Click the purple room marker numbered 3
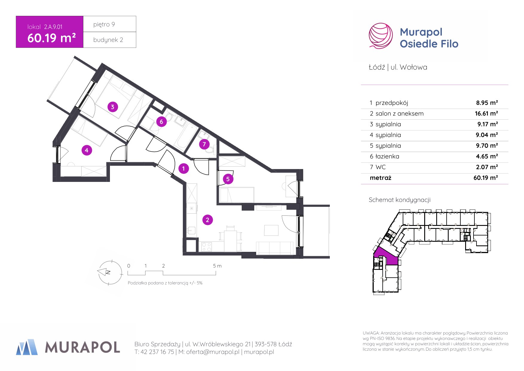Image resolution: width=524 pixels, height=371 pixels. click(112, 107)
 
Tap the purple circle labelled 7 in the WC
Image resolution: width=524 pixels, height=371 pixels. click(204, 145)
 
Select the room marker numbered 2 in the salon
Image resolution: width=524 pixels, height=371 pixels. click(208, 220)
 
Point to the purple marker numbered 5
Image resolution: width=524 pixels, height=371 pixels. click(228, 179)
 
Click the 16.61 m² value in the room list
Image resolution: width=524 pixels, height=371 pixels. click(486, 113)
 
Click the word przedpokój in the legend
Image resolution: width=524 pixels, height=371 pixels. click(392, 103)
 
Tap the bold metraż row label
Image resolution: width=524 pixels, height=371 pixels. click(380, 178)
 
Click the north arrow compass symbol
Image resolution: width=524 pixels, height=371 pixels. click(110, 272)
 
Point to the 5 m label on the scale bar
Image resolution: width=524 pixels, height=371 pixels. click(217, 266)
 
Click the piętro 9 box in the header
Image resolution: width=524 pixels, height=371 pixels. click(110, 24)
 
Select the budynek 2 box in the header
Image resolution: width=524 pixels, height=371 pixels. click(110, 40)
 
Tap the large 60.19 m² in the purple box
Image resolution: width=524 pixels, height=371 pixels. click(51, 38)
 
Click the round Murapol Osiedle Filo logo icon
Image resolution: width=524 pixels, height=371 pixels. click(381, 36)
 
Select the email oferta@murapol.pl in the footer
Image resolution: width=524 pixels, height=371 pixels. click(213, 352)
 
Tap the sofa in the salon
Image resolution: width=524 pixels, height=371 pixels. click(275, 248)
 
